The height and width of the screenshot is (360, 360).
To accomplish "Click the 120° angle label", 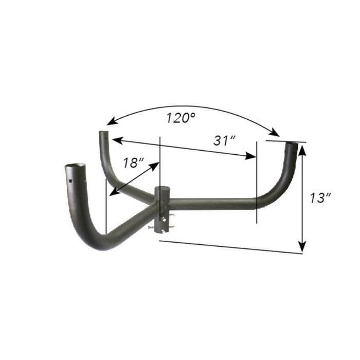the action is tap(181, 118).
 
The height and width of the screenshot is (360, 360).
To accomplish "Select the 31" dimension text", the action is tap(224, 140).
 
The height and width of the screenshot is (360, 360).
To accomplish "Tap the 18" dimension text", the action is tap(133, 163).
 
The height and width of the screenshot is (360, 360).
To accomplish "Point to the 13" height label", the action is tap(320, 197).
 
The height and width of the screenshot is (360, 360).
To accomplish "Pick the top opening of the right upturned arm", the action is tap(292, 144).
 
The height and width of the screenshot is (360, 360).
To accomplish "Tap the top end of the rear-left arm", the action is tap(103, 133).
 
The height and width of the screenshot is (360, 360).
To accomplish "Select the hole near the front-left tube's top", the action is tap(70, 181).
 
